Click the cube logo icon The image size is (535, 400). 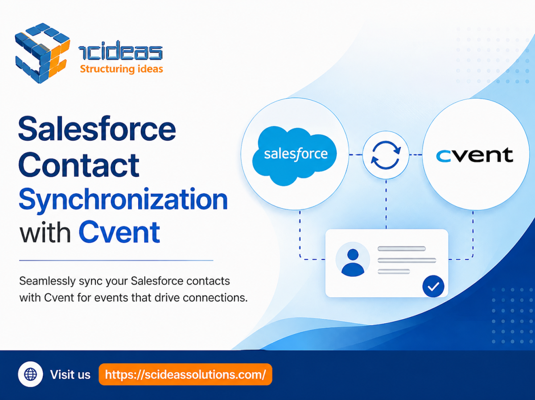tap(42, 53)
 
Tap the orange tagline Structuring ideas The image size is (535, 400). tap(121, 69)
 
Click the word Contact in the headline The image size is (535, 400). tap(79, 165)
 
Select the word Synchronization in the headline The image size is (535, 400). tap(123, 200)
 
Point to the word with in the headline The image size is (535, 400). tap(45, 231)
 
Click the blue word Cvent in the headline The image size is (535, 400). tap(119, 232)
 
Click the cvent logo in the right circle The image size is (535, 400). tap(474, 155)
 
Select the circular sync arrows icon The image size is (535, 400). tap(386, 155)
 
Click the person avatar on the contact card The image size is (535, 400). tap(353, 260)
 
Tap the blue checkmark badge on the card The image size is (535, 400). tap(433, 286)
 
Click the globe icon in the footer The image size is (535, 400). tap(30, 374)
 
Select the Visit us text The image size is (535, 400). tap(70, 375)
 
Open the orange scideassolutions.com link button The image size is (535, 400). tap(185, 375)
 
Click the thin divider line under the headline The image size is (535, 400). tap(116, 260)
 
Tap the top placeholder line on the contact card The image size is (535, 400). tap(401, 249)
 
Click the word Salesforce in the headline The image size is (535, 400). tap(97, 129)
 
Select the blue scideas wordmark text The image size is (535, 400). tap(120, 50)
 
